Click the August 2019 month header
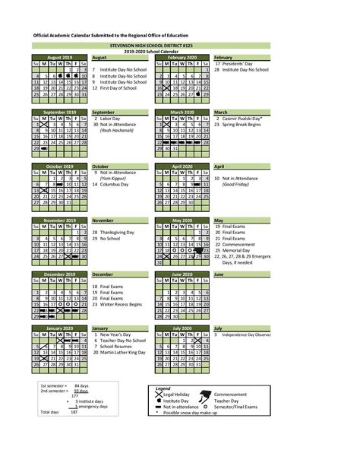[60, 57]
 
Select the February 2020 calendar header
[182, 57]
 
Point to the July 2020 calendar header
[182, 328]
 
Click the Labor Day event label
[110, 119]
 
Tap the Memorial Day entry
[238, 249]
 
